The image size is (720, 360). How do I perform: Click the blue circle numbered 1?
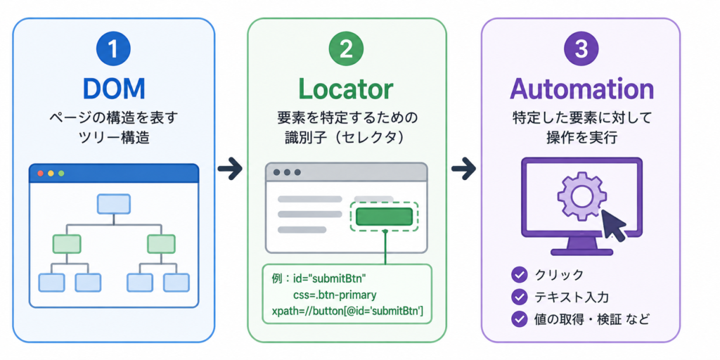pyautogui.click(x=114, y=50)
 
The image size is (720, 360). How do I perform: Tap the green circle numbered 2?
pyautogui.click(x=347, y=50)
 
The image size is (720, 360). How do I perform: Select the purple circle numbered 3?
pyautogui.click(x=581, y=50)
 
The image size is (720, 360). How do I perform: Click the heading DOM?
pyautogui.click(x=114, y=89)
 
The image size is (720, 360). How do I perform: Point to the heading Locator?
pyautogui.click(x=347, y=89)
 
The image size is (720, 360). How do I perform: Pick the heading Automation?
pyautogui.click(x=581, y=89)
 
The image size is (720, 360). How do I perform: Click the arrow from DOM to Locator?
pyautogui.click(x=230, y=169)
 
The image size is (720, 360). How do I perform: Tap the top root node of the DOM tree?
pyautogui.click(x=114, y=203)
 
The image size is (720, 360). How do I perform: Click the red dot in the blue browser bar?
pyautogui.click(x=40, y=174)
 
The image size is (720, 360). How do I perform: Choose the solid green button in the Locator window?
pyautogui.click(x=384, y=217)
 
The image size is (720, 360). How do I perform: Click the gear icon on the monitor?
pyautogui.click(x=577, y=196)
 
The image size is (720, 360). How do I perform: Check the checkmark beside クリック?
pyautogui.click(x=519, y=275)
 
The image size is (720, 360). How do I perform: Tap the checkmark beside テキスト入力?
pyautogui.click(x=519, y=297)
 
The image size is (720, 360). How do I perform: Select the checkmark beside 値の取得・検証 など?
pyautogui.click(x=519, y=319)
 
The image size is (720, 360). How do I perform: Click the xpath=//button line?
pyautogui.click(x=347, y=312)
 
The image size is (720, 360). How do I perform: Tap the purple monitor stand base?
pyautogui.click(x=581, y=252)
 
